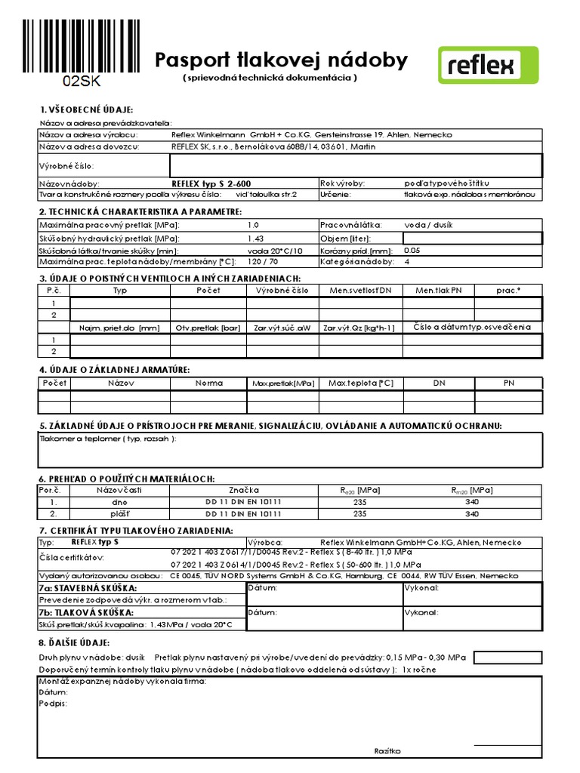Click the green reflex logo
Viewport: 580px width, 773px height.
[489, 65]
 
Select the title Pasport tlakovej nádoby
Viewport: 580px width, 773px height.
[281, 60]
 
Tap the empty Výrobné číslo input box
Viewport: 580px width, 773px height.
[356, 165]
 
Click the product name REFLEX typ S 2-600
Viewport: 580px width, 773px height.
[211, 183]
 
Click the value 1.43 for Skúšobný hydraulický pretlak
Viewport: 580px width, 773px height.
[256, 238]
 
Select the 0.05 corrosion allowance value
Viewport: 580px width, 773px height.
[412, 250]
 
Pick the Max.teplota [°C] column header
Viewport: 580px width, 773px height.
[360, 383]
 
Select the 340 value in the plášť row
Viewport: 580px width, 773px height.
[472, 513]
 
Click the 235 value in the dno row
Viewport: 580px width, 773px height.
[359, 501]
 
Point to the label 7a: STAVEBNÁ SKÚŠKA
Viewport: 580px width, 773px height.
[88, 587]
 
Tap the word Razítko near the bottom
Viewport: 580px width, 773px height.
[387, 750]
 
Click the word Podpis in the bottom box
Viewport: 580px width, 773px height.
[52, 703]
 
